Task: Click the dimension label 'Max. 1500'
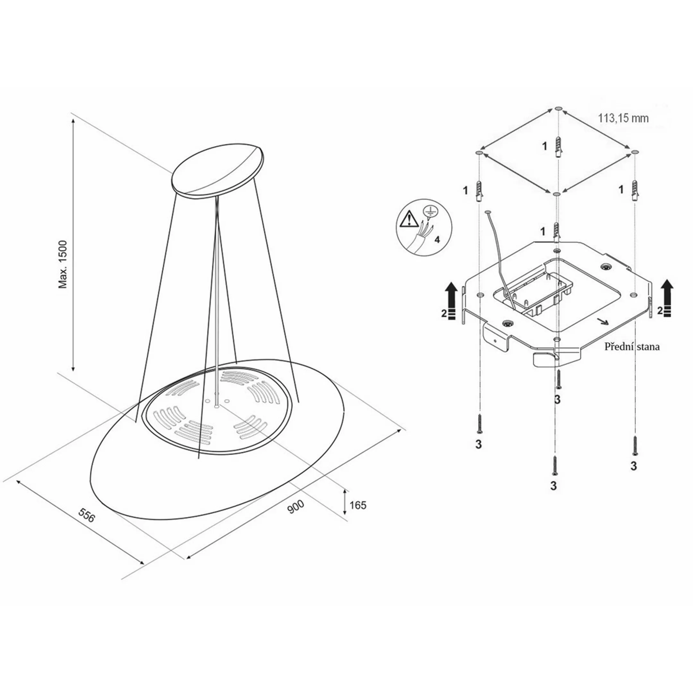click(63, 264)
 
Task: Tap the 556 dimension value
click(87, 516)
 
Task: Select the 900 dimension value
click(296, 507)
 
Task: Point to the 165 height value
click(358, 505)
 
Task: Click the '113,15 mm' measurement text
click(623, 118)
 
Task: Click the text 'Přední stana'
click(632, 347)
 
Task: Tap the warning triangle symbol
click(407, 219)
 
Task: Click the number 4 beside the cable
click(437, 240)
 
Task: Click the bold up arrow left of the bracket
click(451, 301)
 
